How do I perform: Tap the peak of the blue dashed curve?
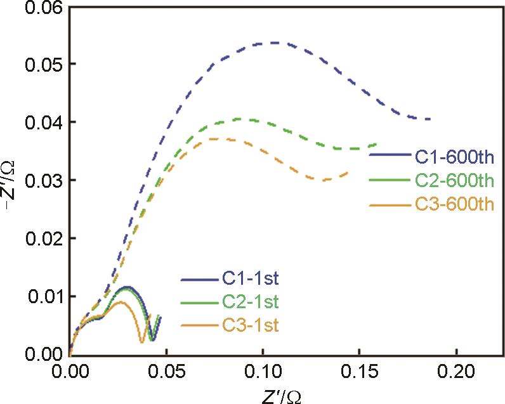[x=274, y=42]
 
